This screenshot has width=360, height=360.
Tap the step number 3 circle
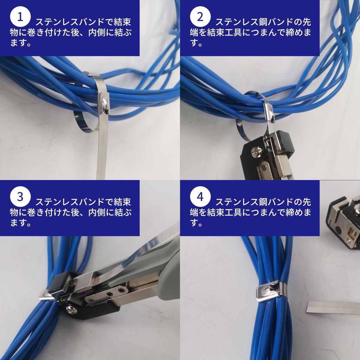pyautogui.click(x=20, y=197)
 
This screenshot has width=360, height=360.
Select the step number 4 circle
pyautogui.click(x=200, y=197)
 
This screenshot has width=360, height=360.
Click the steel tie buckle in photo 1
pyautogui.click(x=103, y=104)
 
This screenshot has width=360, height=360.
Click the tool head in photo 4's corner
pyautogui.click(x=343, y=223)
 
